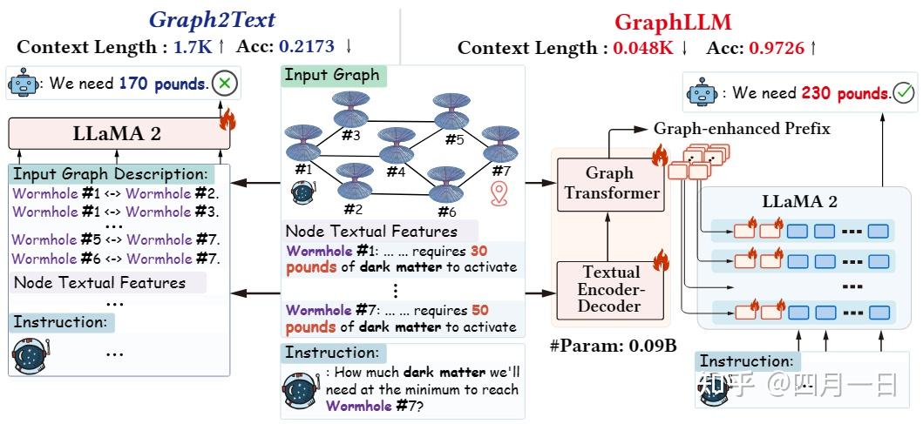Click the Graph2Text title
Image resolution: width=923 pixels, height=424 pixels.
213,19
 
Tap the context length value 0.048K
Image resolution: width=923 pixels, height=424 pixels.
643,48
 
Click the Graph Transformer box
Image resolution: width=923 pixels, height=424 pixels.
610,183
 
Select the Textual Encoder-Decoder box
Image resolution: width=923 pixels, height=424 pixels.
610,289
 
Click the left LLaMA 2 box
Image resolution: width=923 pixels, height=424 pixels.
118,134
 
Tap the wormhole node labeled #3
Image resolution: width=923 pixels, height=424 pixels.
350,111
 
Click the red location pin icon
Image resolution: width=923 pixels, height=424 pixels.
499,193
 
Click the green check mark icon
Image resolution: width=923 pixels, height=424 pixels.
904,91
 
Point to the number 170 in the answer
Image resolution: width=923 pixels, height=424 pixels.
133,84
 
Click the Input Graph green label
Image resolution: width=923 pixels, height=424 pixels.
332,75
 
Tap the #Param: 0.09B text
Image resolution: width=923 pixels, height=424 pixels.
613,346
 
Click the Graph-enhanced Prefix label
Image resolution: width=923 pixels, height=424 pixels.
741,129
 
